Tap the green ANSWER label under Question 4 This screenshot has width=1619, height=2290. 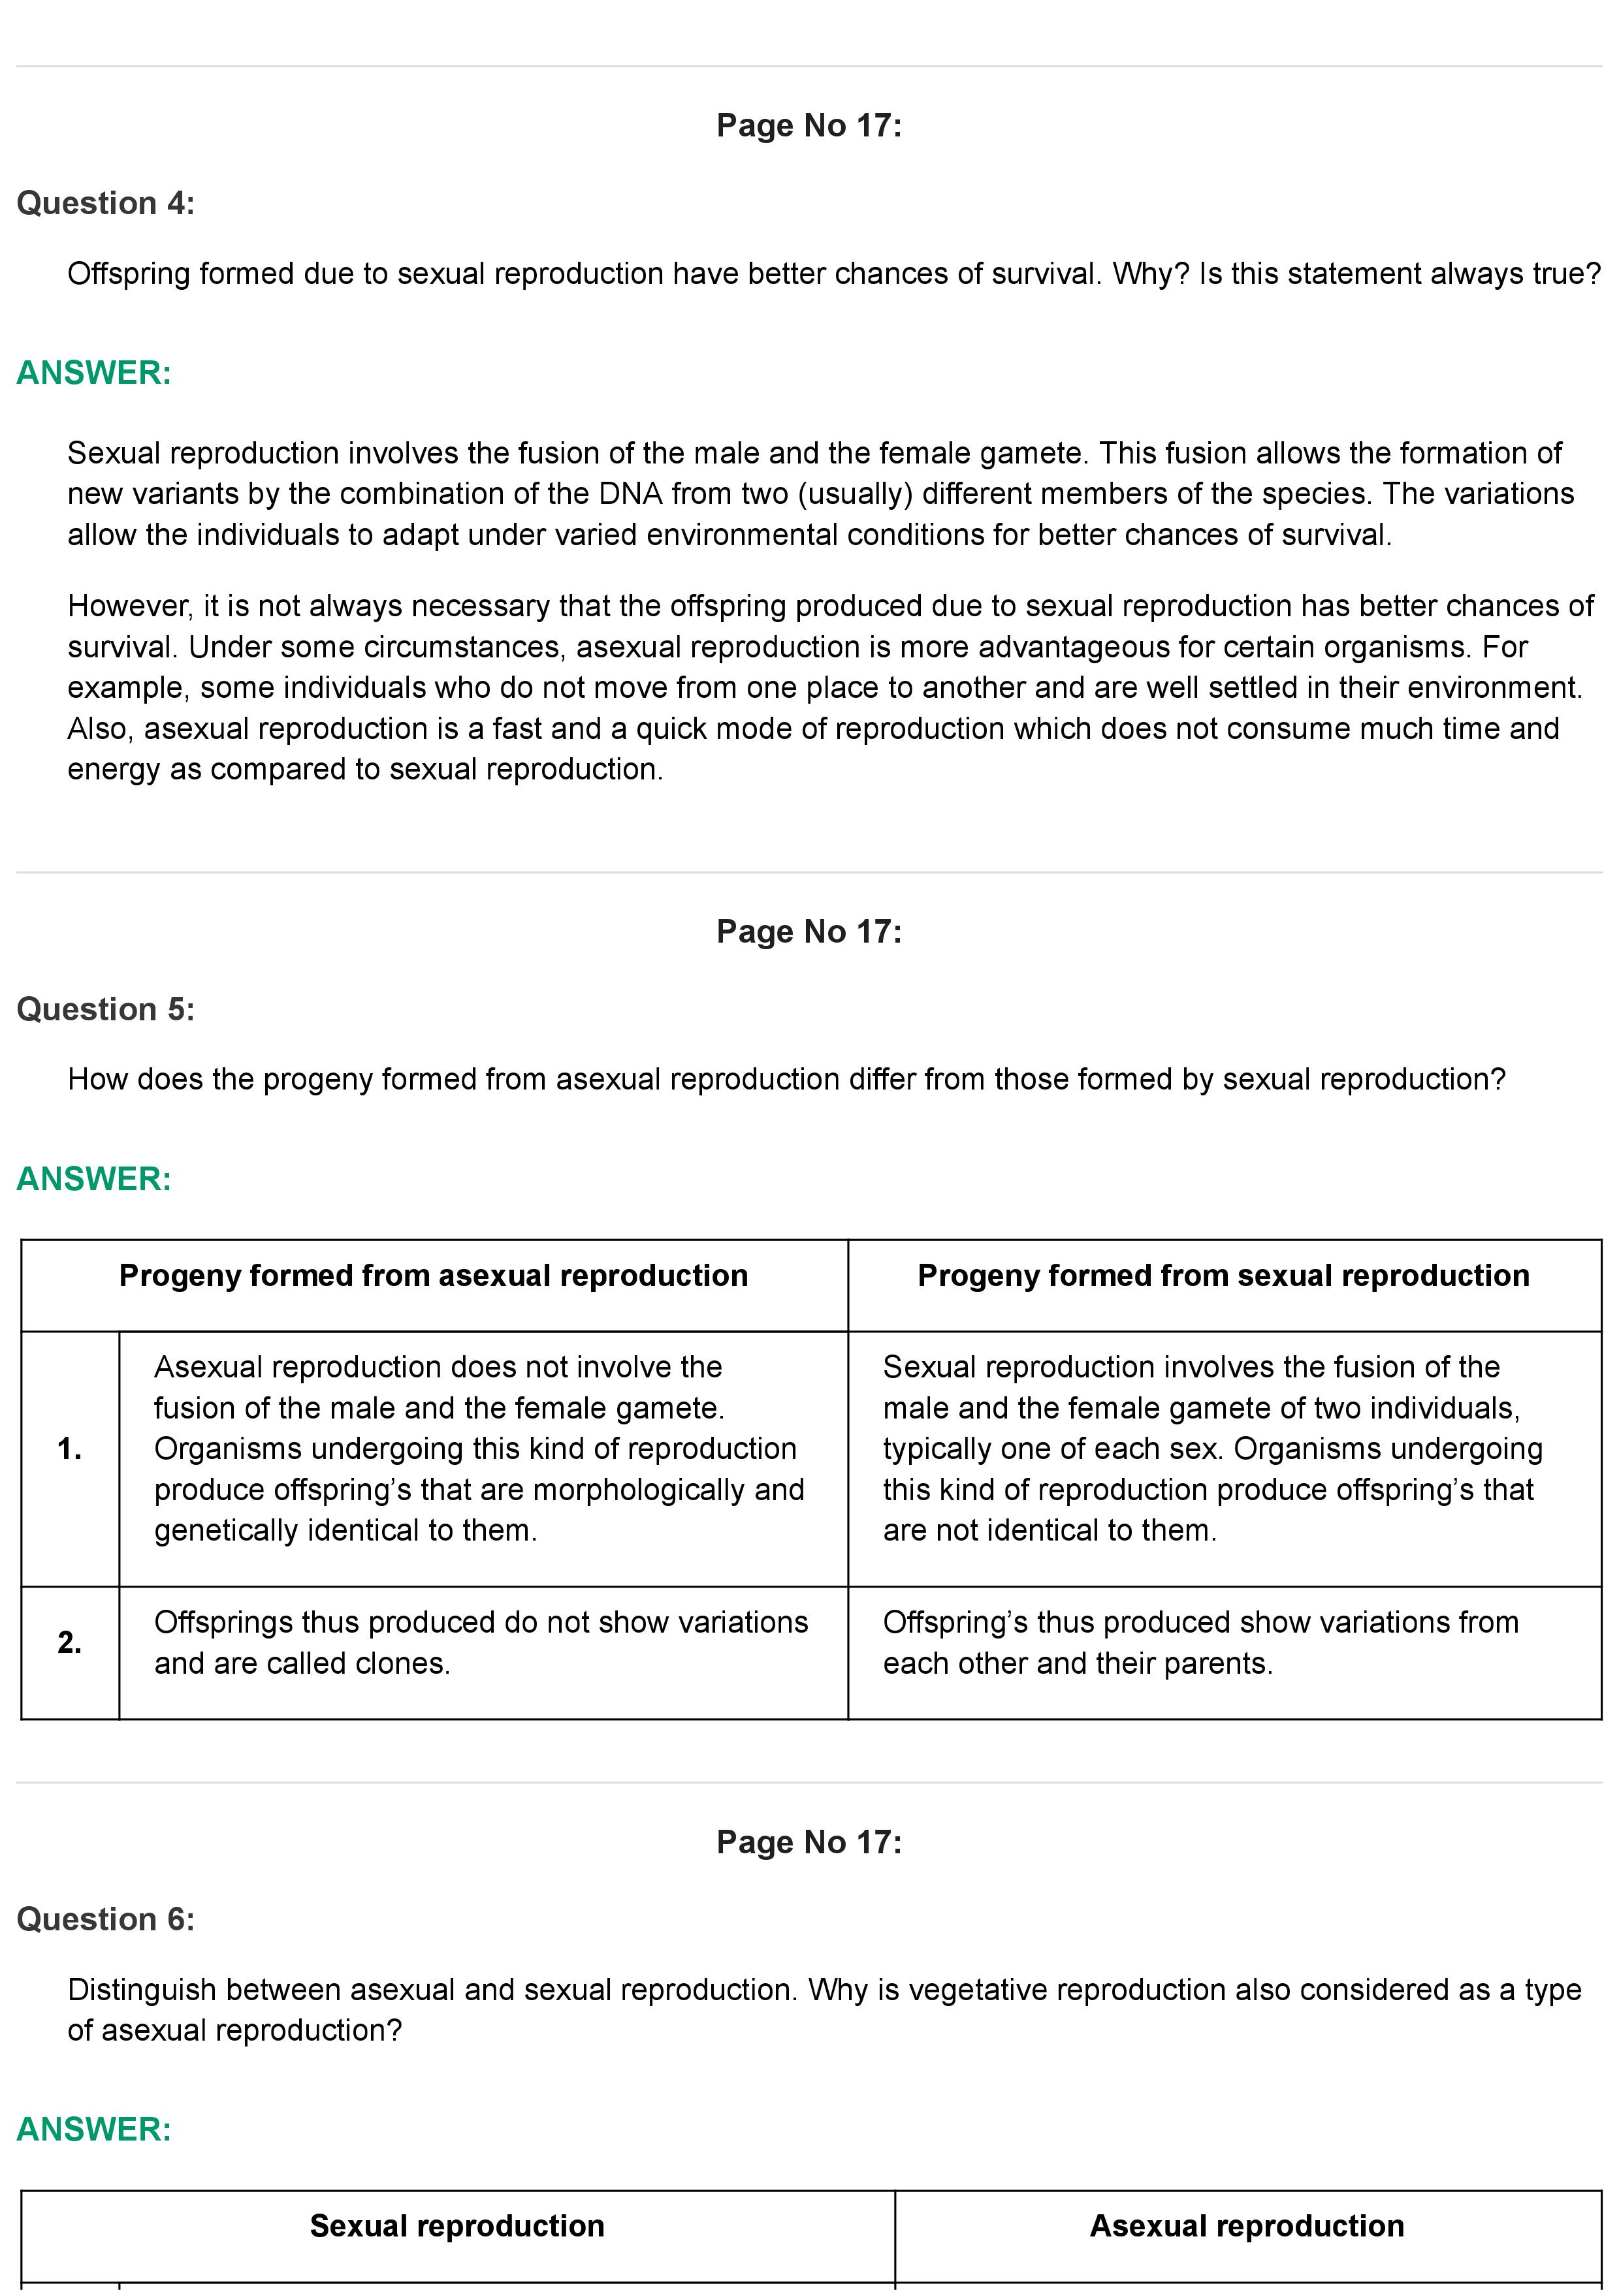click(94, 373)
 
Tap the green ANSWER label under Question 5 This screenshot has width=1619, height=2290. click(94, 1179)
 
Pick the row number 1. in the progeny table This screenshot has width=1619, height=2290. click(70, 1449)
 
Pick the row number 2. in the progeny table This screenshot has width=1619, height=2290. click(70, 1642)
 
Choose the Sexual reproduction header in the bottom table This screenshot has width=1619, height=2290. click(457, 2226)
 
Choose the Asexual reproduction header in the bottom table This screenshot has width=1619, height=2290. click(1247, 2226)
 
